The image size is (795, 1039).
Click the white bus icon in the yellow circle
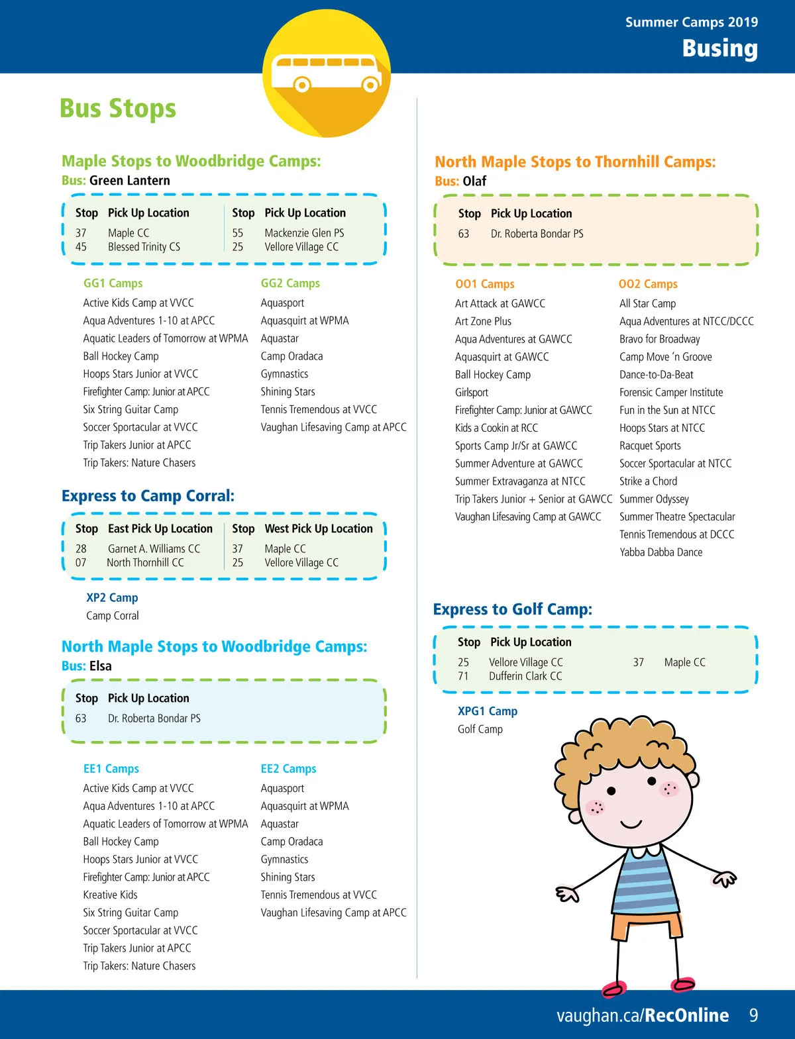coord(327,73)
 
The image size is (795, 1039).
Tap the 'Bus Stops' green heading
coord(118,109)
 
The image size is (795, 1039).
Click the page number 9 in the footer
coord(753,1015)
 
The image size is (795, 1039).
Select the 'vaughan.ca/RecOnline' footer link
coord(642,1015)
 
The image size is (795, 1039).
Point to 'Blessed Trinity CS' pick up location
coord(144,247)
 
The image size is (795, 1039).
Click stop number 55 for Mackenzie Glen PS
coord(238,233)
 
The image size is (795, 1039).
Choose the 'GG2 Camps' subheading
coord(290,283)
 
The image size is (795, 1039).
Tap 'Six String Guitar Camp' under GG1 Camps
coord(131,410)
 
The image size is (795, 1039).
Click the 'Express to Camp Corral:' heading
coord(148,496)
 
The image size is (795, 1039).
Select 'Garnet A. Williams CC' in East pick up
coord(154,549)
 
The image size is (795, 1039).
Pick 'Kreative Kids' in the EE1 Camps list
coord(110,895)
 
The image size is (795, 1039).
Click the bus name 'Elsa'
coord(101,666)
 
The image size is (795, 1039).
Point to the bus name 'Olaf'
coord(474,181)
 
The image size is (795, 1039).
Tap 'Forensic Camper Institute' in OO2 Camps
coord(671,393)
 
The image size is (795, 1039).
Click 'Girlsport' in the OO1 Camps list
coord(472,393)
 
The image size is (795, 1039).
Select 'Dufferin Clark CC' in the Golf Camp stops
coord(525,676)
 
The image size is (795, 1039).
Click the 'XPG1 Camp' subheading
coord(488,711)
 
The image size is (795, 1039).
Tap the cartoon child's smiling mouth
coord(631,825)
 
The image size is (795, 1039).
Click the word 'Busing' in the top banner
coord(719,48)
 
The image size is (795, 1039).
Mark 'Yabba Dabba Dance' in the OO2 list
coord(661,552)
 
